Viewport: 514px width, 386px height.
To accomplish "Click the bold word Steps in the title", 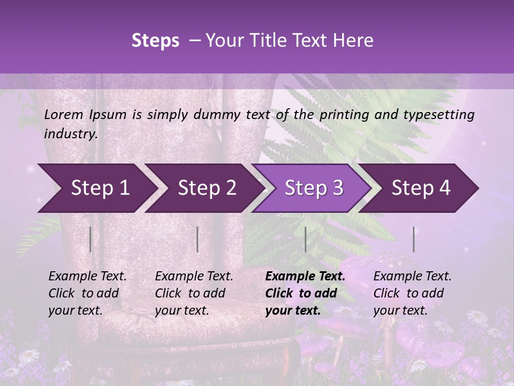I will coord(155,41).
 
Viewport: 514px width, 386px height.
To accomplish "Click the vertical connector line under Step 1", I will coord(90,240).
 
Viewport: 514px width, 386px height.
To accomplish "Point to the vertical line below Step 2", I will coord(198,240).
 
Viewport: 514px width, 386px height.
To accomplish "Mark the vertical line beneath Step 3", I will coord(305,240).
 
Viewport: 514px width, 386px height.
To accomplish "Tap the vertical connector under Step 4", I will coord(413,240).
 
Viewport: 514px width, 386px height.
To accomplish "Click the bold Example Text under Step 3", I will coord(305,293).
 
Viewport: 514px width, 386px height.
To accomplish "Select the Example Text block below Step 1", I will coord(87,293).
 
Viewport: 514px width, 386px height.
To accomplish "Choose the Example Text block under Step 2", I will coord(194,293).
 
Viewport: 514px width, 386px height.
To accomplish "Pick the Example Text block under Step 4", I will coord(412,293).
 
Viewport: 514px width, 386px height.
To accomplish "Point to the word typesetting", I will coord(440,115).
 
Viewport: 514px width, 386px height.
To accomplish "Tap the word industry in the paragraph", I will coord(70,134).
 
